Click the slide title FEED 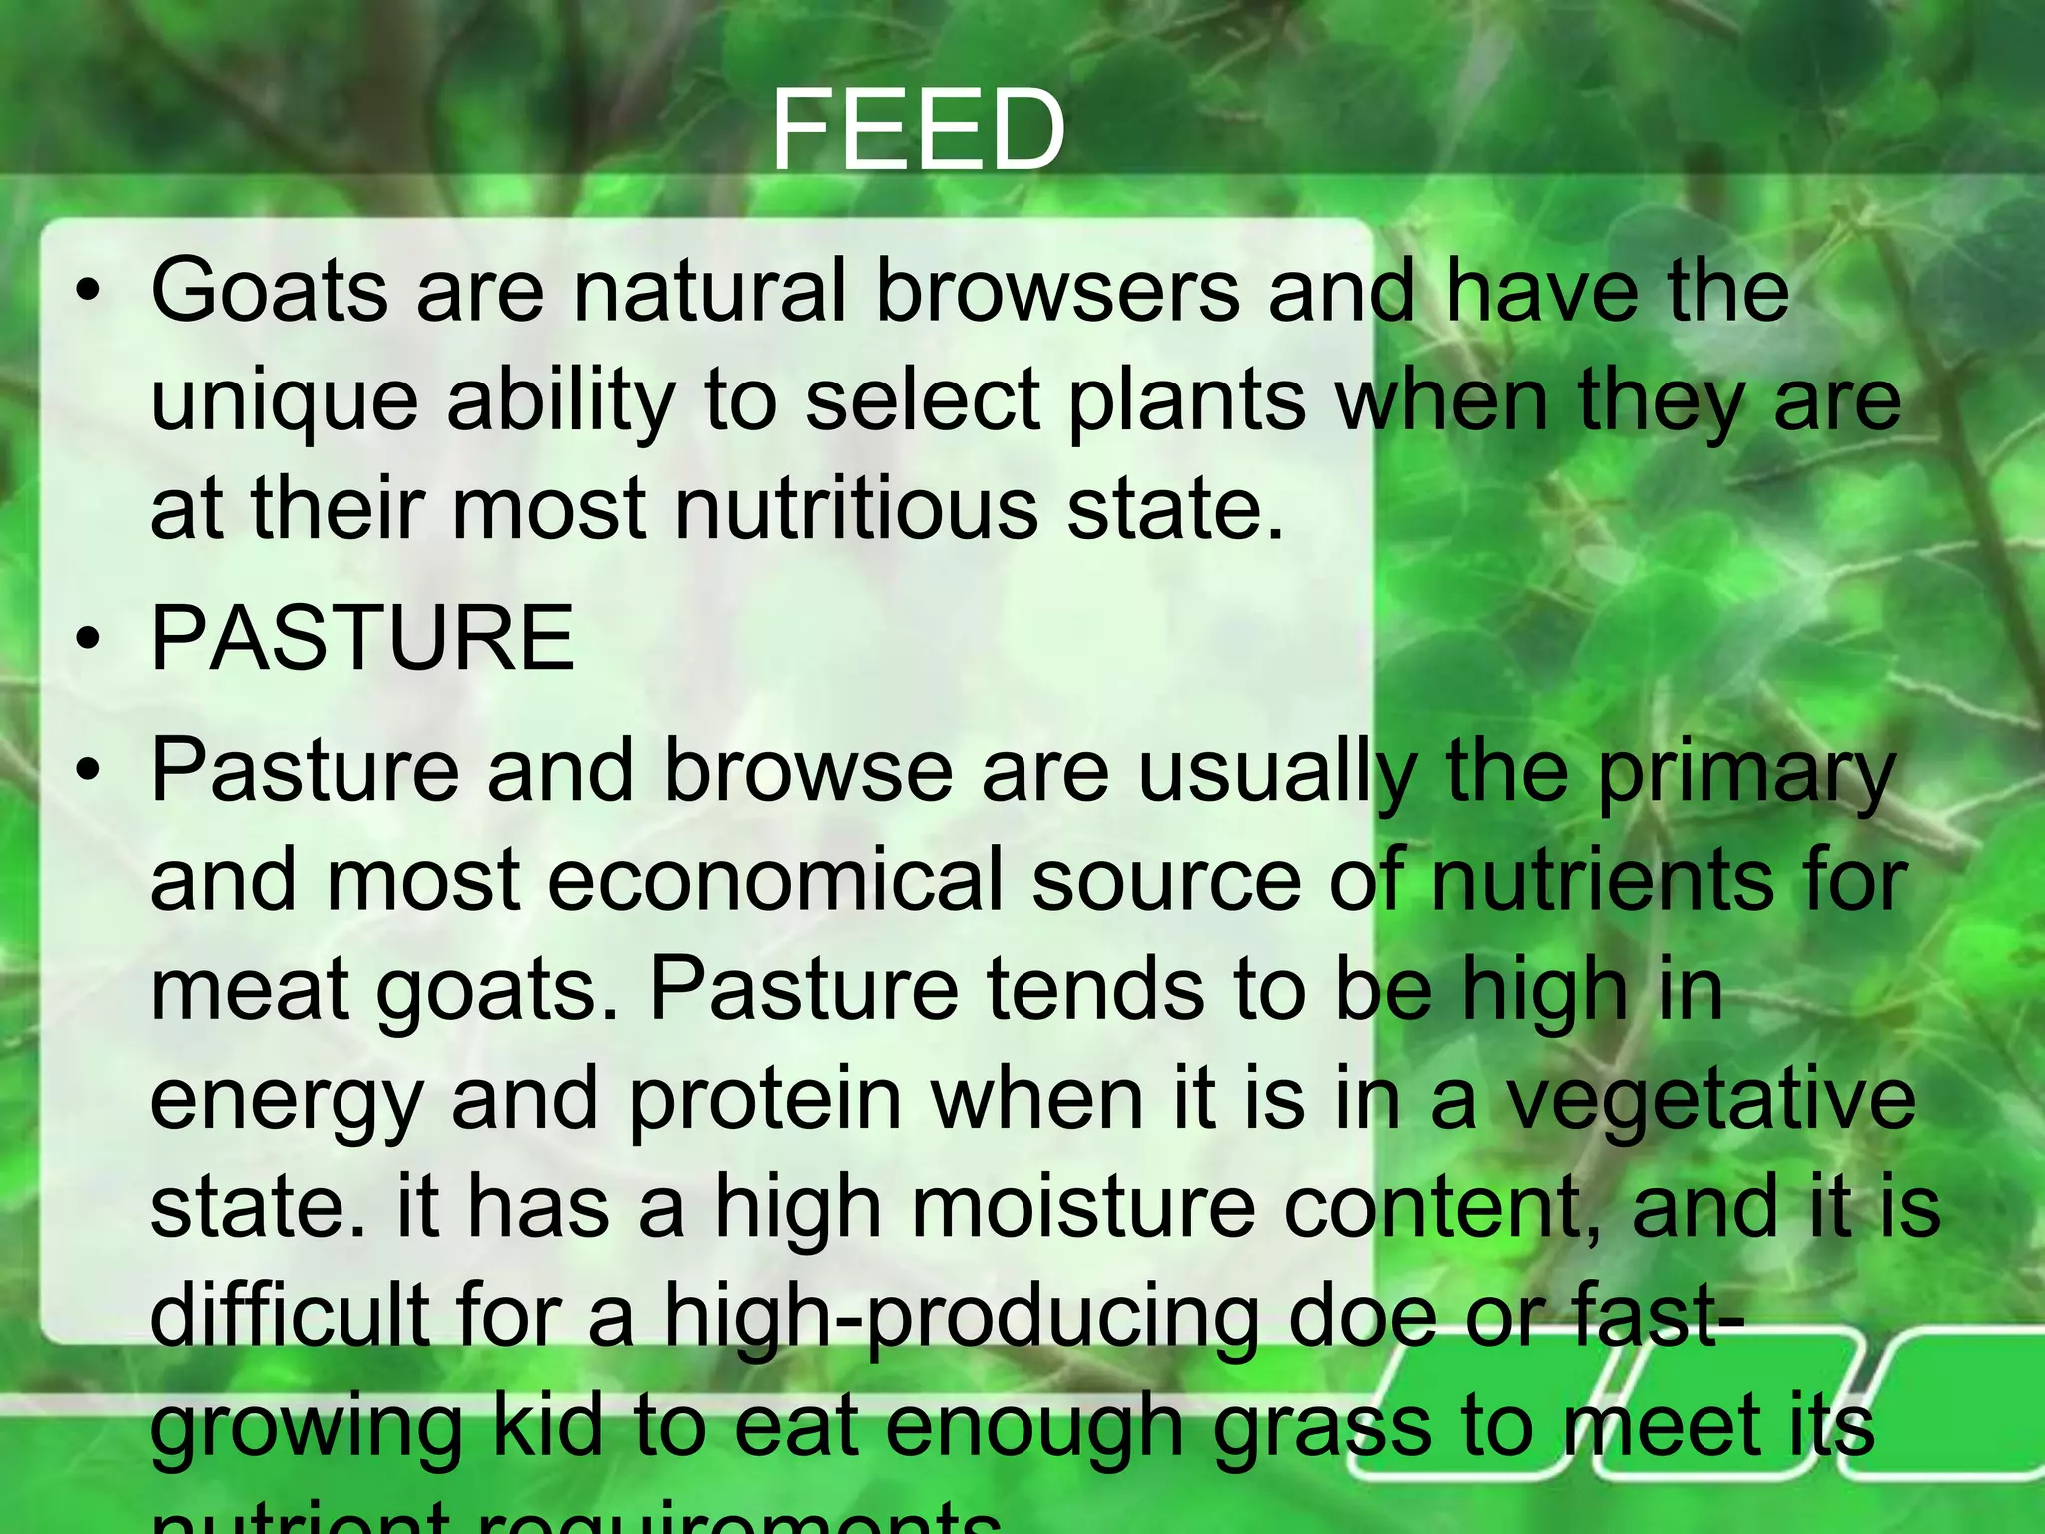(918, 131)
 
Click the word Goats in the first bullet (269, 291)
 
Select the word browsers (1057, 291)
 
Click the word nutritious (856, 510)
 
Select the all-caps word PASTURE (362, 639)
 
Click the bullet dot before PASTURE (88, 640)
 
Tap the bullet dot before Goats (88, 293)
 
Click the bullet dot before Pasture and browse (88, 772)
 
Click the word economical (775, 881)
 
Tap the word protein (766, 1099)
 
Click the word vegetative (1709, 1099)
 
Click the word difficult (290, 1315)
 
